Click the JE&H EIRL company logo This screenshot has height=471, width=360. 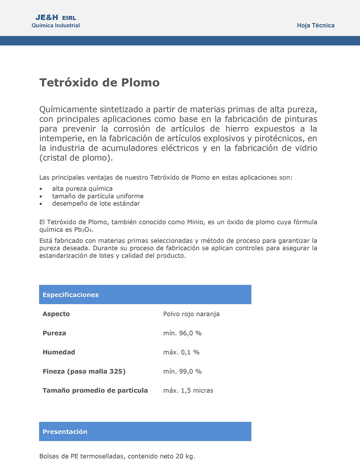[55, 18]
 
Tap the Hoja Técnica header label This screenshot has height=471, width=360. [315, 26]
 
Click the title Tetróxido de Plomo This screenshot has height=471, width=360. [99, 83]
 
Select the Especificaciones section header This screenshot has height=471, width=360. [71, 295]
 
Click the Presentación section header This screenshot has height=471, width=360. [65, 432]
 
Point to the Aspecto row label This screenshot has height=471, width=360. [56, 314]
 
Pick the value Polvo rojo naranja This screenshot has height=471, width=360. [191, 314]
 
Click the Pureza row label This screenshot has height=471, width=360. [54, 333]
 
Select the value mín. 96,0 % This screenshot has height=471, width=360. [182, 333]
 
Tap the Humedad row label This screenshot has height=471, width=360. [59, 352]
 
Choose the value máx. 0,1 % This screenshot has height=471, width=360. [181, 352]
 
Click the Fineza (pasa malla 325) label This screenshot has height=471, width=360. [84, 371]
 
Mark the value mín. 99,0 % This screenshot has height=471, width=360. [182, 371]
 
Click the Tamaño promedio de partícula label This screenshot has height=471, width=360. [95, 391]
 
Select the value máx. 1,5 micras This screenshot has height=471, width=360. [188, 391]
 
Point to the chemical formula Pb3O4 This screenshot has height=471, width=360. [84, 230]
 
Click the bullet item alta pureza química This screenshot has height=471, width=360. [82, 189]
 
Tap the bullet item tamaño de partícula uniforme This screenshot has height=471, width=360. [98, 196]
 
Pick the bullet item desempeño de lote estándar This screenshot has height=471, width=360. [96, 204]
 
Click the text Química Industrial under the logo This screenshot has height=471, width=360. [56, 26]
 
